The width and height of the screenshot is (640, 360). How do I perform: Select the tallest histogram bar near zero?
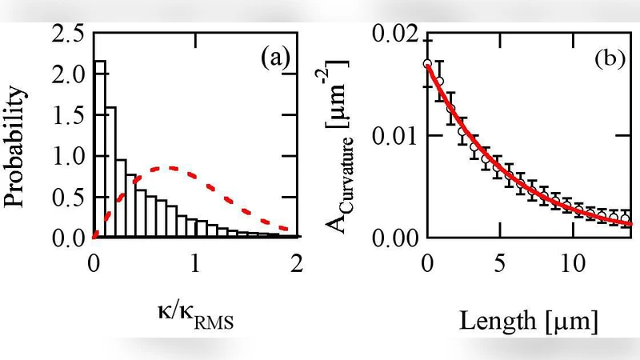(100, 149)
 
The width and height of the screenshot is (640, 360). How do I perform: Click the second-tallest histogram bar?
(110, 172)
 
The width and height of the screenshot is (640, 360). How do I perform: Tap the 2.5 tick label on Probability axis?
(68, 34)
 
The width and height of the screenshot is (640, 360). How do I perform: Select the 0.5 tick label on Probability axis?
(68, 197)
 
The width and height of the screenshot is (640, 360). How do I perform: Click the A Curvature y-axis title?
(346, 136)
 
